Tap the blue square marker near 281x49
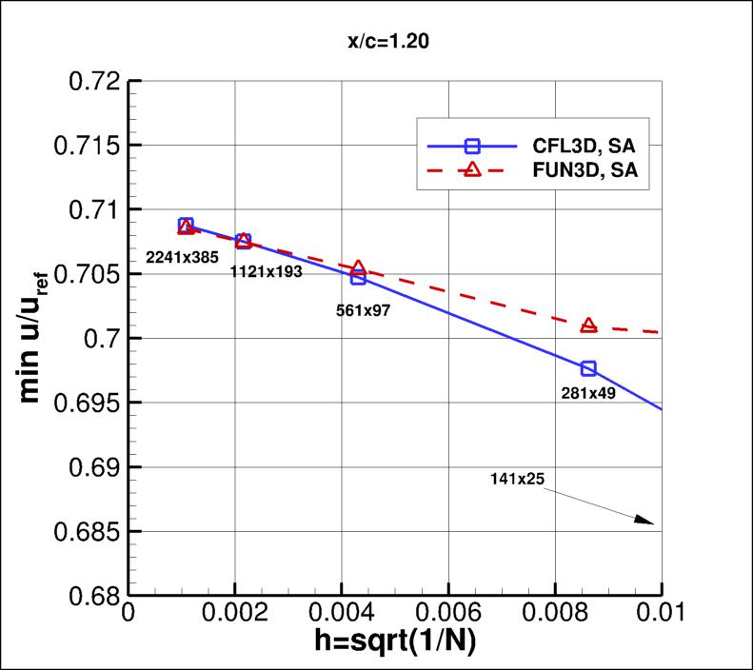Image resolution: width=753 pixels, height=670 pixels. [588, 368]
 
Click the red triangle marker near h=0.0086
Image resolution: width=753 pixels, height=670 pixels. [588, 325]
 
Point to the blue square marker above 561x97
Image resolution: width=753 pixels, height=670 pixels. [358, 277]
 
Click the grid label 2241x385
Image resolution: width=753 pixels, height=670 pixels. [183, 256]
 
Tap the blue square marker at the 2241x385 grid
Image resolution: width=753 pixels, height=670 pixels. [186, 226]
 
